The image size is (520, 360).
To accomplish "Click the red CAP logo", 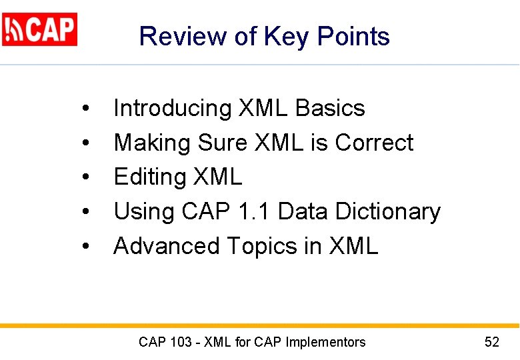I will click(40, 29).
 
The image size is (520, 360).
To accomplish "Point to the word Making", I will click(153, 143).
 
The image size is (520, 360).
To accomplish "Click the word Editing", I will click(150, 177).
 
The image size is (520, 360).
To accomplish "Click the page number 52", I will click(492, 343).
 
